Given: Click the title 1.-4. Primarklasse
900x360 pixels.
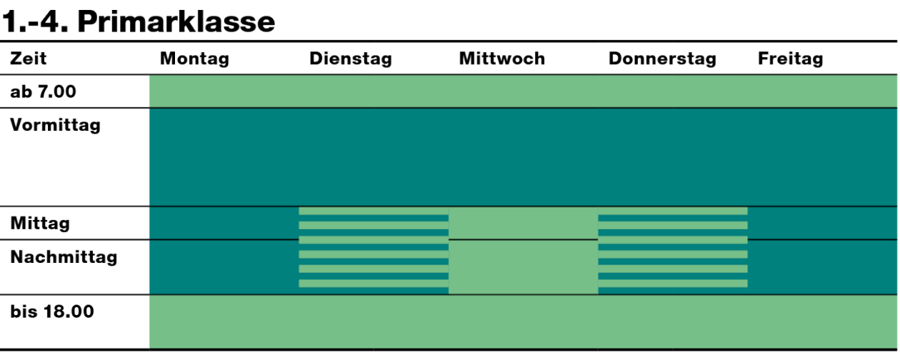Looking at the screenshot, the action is (139, 21).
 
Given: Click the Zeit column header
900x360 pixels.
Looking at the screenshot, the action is (28, 59).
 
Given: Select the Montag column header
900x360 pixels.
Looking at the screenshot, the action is (194, 59).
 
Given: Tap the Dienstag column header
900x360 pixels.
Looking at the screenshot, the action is (350, 59).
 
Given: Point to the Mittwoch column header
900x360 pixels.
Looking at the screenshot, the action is (502, 59).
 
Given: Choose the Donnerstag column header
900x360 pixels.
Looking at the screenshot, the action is (662, 59).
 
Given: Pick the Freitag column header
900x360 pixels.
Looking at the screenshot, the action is (790, 59).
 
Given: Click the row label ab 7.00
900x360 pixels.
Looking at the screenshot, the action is (43, 91).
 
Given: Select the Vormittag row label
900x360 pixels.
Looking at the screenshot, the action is (55, 125).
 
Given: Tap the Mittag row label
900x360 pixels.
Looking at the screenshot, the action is (40, 224).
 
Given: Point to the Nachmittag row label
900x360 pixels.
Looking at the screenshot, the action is (64, 257).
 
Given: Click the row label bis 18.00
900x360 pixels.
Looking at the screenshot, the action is (52, 311).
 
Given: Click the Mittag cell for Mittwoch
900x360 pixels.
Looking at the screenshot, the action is (523, 223).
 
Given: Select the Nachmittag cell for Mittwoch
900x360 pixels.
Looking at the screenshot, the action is (523, 267).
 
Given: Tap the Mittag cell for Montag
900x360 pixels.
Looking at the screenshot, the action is (224, 223).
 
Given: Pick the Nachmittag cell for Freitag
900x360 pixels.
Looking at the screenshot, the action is (822, 267).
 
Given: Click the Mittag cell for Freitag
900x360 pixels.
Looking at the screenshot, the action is (822, 223).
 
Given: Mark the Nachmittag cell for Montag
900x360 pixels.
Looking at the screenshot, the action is (224, 267).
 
